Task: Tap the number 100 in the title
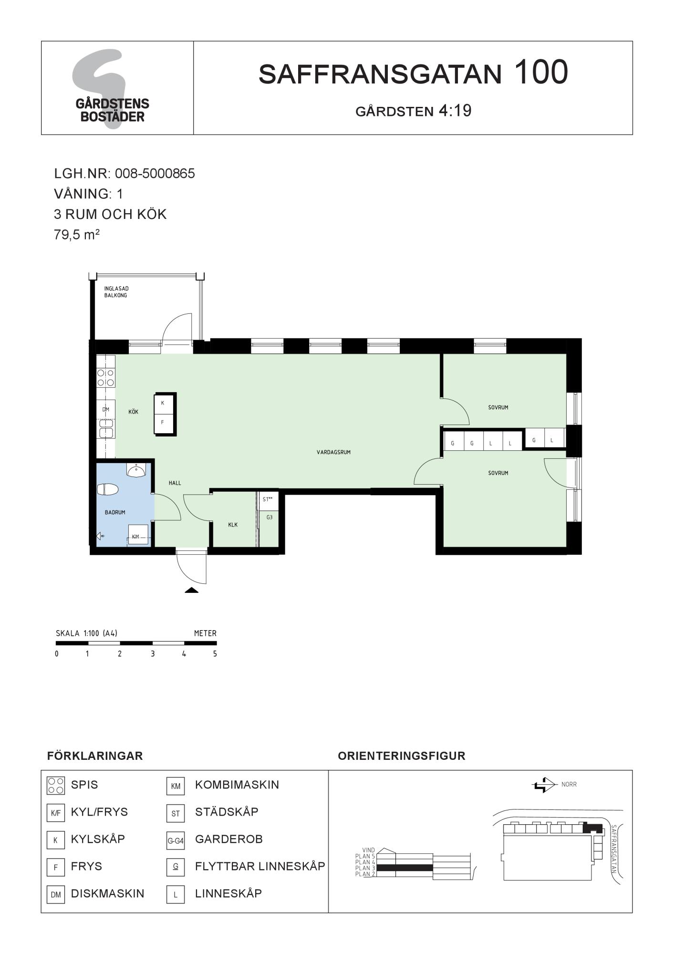pos(541,72)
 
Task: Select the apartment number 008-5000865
pos(155,173)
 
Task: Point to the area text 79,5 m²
pos(77,235)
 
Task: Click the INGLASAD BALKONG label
pos(116,292)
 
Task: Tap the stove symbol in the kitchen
pos(106,378)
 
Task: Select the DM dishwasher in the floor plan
pos(106,409)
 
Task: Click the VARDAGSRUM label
pos(333,452)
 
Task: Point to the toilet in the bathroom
pos(108,489)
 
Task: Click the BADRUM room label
pos(115,512)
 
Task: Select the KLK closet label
pos(233,525)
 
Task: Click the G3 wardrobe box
pos(270,517)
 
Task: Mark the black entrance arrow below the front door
pos(192,590)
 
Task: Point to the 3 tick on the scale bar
pos(153,654)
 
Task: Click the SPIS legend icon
pos(56,786)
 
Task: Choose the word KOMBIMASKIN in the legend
pos(237,785)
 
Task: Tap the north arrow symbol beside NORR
pos(544,785)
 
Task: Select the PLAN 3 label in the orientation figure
pos(365,868)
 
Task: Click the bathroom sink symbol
pos(136,470)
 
